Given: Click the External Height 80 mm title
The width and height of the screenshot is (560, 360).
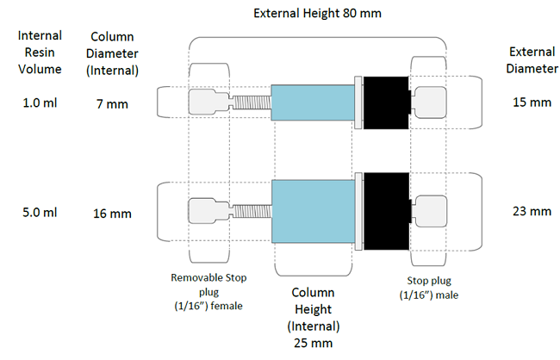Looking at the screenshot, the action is tap(317, 13).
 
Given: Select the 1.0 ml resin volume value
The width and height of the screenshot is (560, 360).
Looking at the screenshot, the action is tap(40, 102).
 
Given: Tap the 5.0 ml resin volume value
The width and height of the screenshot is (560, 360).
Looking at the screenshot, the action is tap(40, 213).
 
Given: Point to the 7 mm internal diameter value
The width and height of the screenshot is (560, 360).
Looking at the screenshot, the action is tap(112, 104).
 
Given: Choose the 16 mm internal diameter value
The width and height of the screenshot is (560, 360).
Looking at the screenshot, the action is tap(112, 214).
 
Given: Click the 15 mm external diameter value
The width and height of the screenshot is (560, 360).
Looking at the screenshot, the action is tap(532, 102).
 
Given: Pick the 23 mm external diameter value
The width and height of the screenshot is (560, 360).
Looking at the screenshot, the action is tap(532, 211).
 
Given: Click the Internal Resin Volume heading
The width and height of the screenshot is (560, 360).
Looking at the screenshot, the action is tap(40, 53).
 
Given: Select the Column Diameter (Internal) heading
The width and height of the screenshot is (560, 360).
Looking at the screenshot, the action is tap(112, 53).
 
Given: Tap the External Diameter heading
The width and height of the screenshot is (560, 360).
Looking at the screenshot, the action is tap(532, 60).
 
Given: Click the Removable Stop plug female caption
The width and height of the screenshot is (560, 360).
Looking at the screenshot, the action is tap(208, 292).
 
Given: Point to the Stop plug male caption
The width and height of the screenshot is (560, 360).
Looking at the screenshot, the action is tap(429, 288).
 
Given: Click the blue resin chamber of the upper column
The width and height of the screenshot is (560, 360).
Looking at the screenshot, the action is tap(313, 102).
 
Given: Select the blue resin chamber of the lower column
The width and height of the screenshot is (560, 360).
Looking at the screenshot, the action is tap(314, 211).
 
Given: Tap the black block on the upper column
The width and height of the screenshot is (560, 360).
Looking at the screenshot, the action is tap(386, 102).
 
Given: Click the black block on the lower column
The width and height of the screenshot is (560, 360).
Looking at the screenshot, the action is tap(387, 211).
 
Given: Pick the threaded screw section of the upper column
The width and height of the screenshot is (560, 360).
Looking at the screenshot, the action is tap(252, 102).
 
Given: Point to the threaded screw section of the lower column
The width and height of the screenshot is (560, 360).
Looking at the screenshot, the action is tap(252, 211).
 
